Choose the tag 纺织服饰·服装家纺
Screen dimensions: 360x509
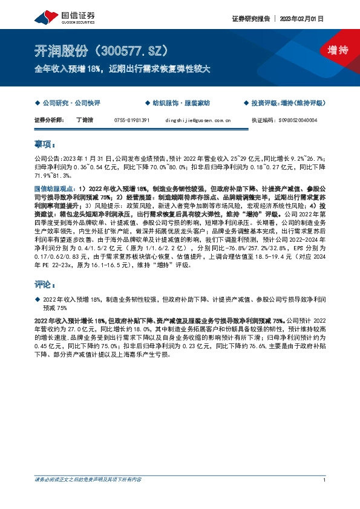pos(181,104)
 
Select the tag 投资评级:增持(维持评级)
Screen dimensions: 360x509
pos(286,104)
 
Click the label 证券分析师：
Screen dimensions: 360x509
pos(49,120)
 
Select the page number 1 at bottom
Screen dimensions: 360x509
pos(325,479)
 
